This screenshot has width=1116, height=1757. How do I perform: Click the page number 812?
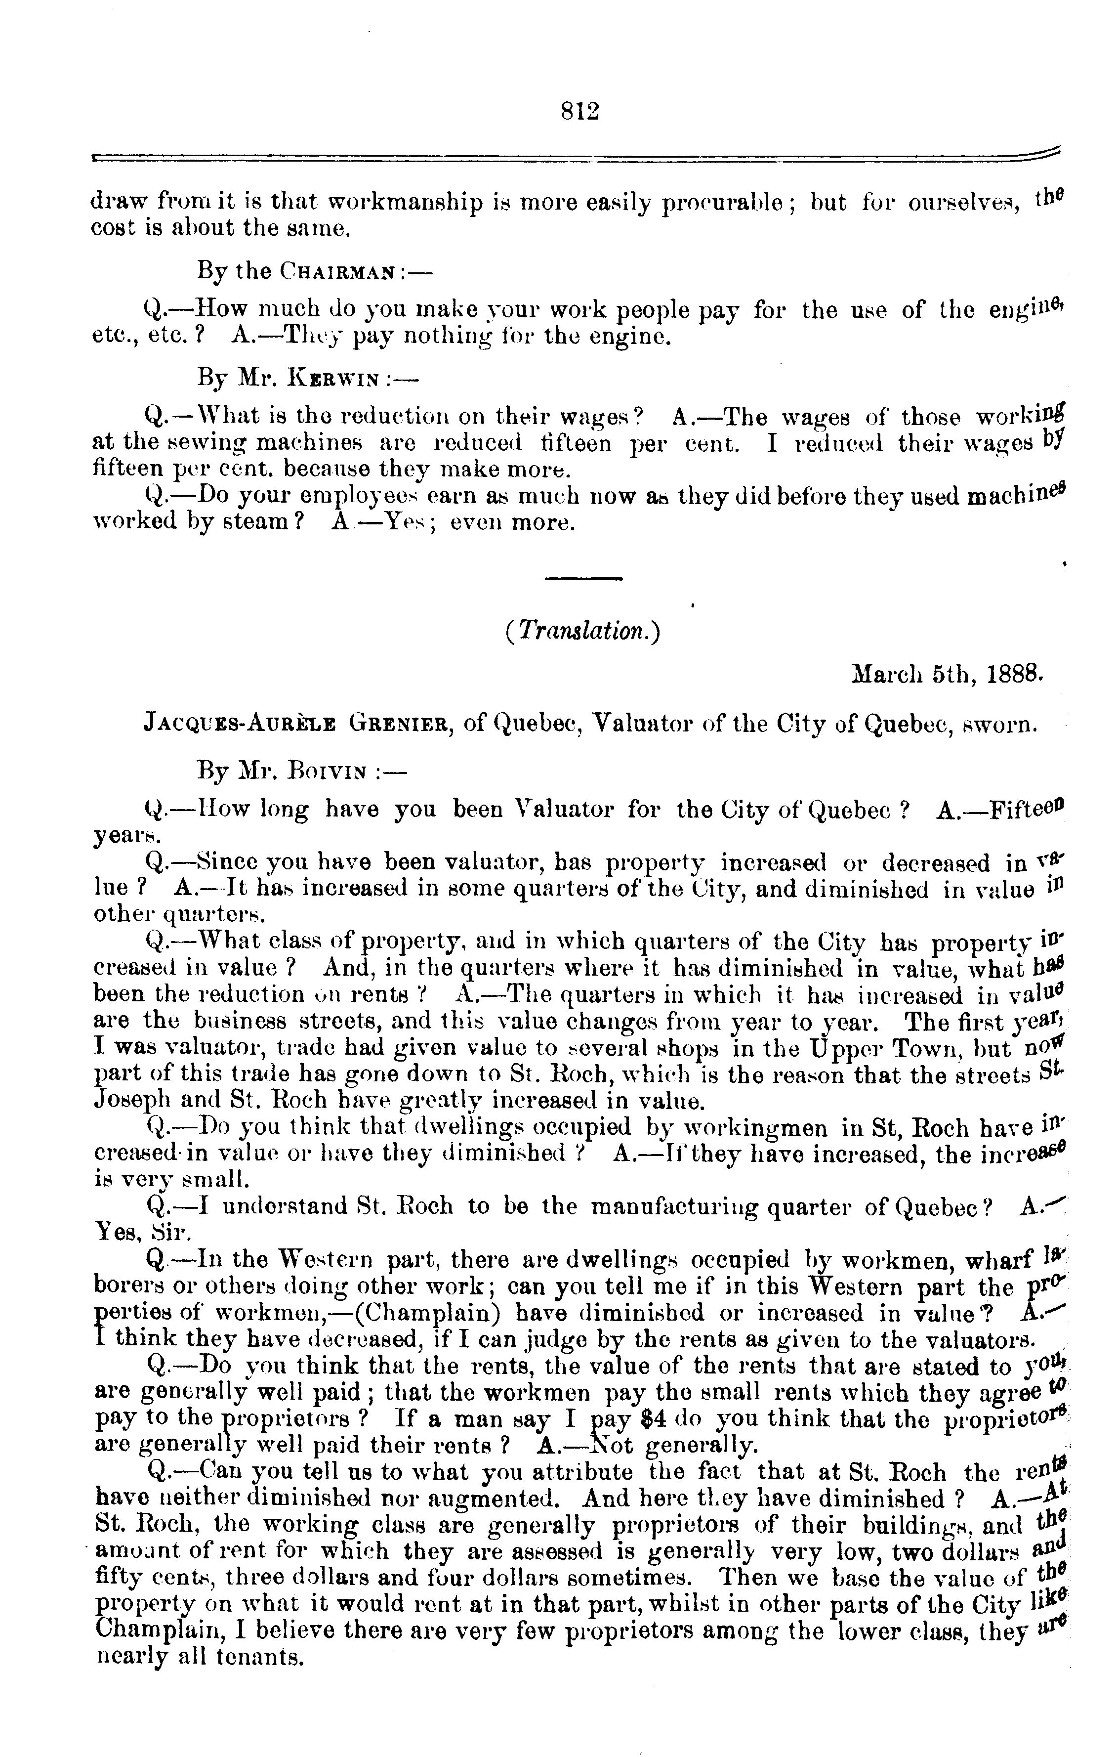580,111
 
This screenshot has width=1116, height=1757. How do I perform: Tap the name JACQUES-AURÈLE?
239,725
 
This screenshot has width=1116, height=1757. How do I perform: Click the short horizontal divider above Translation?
583,579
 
